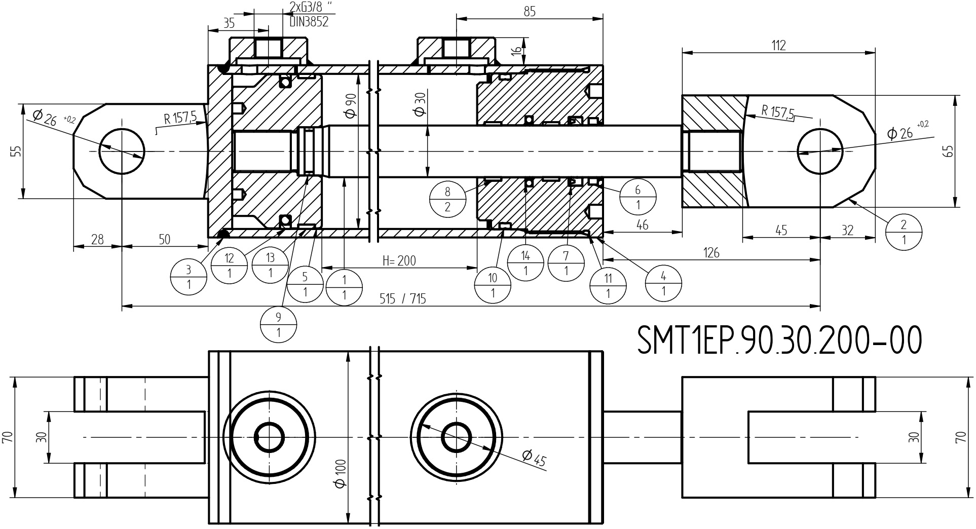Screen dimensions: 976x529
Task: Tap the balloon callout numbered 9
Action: point(278,325)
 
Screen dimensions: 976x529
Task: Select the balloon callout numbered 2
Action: point(904,232)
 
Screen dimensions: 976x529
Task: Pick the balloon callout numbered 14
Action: point(525,263)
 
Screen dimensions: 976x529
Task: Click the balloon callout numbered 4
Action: point(663,283)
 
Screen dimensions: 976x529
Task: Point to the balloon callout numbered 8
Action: point(447,199)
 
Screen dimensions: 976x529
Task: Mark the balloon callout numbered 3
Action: point(189,276)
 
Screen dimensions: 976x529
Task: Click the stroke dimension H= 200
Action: point(399,261)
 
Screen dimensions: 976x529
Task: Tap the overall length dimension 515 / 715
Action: point(403,299)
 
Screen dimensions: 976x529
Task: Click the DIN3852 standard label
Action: point(309,22)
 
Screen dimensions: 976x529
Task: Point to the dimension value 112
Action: point(778,46)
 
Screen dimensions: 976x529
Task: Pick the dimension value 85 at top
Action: point(530,12)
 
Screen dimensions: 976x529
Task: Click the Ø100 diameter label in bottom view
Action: point(341,473)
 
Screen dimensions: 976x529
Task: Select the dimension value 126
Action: point(711,253)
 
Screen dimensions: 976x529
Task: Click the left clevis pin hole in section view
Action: point(122,151)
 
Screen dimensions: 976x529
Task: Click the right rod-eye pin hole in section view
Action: point(819,151)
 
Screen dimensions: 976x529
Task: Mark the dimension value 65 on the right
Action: point(949,151)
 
